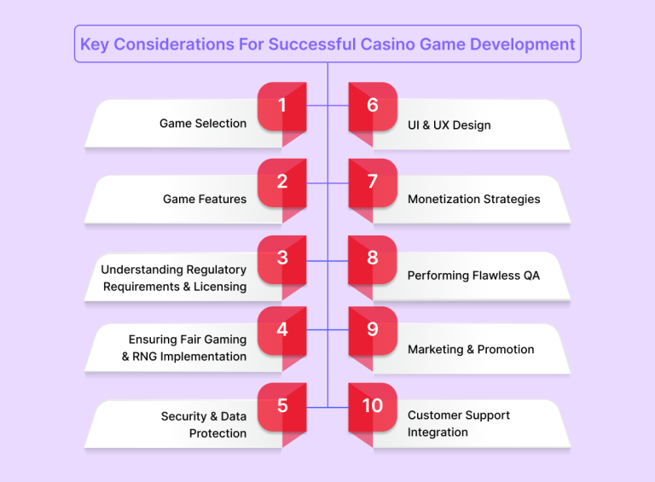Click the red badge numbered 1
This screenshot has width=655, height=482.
pyautogui.click(x=282, y=106)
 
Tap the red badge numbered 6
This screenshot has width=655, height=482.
pyautogui.click(x=373, y=106)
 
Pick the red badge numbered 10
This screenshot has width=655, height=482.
pyautogui.click(x=373, y=406)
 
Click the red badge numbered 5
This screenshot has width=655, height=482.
pyautogui.click(x=282, y=406)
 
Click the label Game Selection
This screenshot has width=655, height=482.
pyautogui.click(x=203, y=124)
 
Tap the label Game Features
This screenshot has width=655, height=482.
pyautogui.click(x=205, y=200)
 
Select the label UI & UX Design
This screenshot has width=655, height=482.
pyautogui.click(x=449, y=125)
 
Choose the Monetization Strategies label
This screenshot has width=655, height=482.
pyautogui.click(x=473, y=200)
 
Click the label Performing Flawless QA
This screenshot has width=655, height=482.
pyautogui.click(x=473, y=276)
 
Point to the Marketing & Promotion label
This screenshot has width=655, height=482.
pyautogui.click(x=471, y=350)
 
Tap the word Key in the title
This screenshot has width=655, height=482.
pyautogui.click(x=95, y=44)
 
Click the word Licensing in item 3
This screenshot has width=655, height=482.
pyautogui.click(x=219, y=287)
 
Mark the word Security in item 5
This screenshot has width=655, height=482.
pyautogui.click(x=183, y=416)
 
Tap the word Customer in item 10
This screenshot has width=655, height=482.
pyautogui.click(x=437, y=415)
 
